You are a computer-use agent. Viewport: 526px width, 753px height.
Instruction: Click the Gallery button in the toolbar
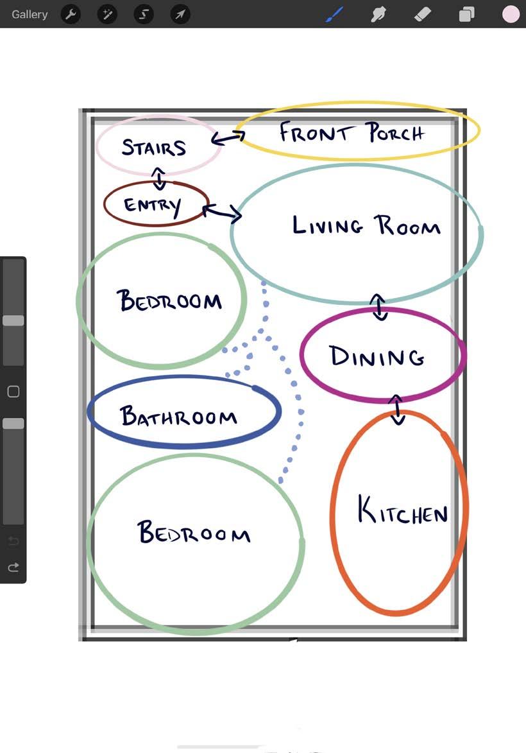(x=30, y=14)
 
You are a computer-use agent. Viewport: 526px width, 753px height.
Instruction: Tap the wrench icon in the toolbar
(x=71, y=14)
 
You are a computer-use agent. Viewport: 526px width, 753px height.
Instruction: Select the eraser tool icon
(x=423, y=14)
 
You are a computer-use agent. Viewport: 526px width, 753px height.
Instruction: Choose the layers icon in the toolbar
(x=466, y=14)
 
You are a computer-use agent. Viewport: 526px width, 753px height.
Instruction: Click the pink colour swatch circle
(x=511, y=14)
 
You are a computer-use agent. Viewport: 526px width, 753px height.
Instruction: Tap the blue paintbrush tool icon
(x=335, y=14)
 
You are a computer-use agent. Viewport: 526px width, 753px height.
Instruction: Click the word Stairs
(x=154, y=148)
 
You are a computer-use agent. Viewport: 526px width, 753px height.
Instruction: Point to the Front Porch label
(x=352, y=133)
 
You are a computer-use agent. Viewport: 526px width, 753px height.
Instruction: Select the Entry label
(x=153, y=205)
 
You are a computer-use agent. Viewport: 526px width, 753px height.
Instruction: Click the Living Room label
(x=366, y=226)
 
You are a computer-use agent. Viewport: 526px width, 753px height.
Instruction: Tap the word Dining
(x=377, y=356)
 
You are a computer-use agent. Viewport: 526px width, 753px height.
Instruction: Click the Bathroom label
(x=179, y=417)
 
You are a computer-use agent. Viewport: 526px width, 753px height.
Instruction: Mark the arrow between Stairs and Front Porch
(x=228, y=137)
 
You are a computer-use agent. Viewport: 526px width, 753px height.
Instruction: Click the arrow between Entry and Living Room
(x=222, y=212)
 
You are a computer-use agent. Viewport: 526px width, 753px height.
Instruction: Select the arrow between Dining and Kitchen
(x=397, y=410)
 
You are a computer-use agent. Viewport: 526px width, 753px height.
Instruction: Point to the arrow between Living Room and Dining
(x=379, y=307)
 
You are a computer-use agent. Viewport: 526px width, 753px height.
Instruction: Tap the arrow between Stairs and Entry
(x=158, y=178)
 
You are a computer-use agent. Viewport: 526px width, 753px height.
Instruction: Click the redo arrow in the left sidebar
(x=13, y=567)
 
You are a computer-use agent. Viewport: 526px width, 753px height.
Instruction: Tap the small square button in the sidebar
(x=13, y=392)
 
